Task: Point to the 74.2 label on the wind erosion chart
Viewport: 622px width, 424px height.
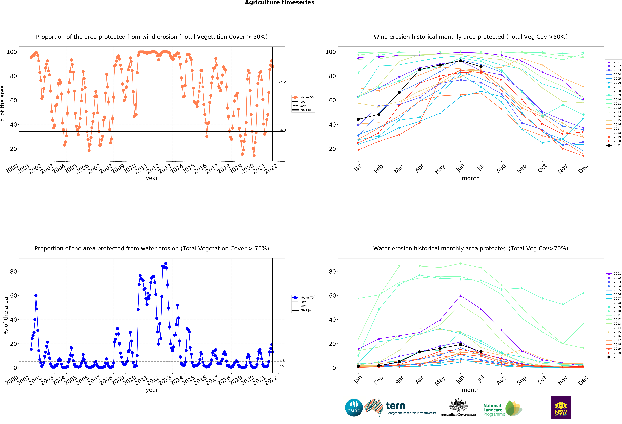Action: click(282, 82)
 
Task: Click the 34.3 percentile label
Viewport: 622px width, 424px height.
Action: click(282, 130)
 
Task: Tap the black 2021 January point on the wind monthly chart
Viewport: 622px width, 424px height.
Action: click(358, 119)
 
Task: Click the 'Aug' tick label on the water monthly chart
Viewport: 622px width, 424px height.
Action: click(501, 380)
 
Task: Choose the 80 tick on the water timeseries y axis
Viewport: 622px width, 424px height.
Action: click(13, 271)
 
